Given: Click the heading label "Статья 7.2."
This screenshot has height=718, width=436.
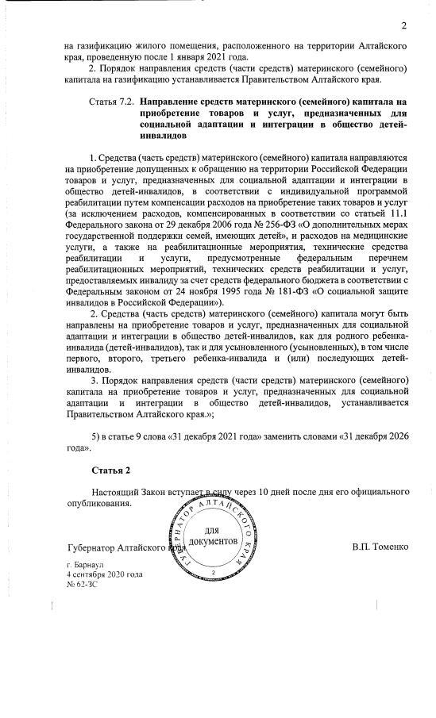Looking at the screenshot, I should tap(111, 104).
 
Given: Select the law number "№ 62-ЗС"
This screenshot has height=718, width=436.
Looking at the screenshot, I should tap(82, 582).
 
